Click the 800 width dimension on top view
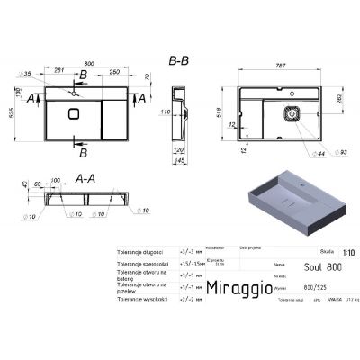pyautogui.click(x=87, y=64)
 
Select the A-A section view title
pyautogui.click(x=82, y=178)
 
